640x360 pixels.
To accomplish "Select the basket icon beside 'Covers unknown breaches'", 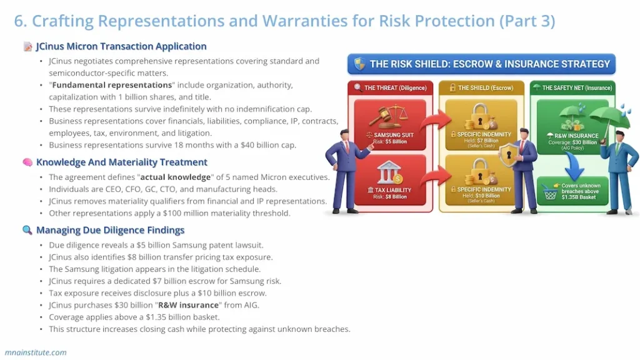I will (x=551, y=193).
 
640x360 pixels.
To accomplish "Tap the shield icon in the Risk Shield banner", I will (x=359, y=64).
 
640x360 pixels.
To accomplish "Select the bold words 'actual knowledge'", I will (x=174, y=177).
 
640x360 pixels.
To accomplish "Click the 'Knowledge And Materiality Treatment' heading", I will (x=121, y=162).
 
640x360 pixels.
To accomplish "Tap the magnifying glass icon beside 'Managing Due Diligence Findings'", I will (x=27, y=230).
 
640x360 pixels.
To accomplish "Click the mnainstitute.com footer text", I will (x=36, y=352).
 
